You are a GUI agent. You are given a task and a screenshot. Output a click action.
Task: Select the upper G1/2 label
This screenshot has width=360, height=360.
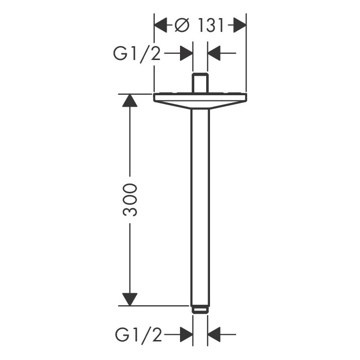click(x=137, y=54)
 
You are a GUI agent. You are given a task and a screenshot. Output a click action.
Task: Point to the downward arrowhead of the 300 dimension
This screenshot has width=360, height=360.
click(x=130, y=299)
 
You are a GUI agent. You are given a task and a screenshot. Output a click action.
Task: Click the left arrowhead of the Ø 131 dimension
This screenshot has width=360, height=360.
click(x=160, y=25)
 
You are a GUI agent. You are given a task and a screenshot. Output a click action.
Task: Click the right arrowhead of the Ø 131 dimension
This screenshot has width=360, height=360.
click(x=240, y=25)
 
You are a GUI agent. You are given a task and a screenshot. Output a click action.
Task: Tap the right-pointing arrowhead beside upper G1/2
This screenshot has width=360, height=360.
click(x=186, y=54)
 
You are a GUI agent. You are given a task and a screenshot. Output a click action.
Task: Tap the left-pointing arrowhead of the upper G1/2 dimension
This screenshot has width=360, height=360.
click(x=214, y=54)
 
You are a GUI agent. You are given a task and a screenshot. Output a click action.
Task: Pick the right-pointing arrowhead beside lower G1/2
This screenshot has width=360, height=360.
click(x=186, y=335)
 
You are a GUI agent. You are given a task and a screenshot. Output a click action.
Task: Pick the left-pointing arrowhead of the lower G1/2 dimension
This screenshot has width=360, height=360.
click(x=214, y=335)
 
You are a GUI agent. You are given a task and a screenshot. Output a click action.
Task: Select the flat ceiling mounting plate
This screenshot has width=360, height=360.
click(x=200, y=98)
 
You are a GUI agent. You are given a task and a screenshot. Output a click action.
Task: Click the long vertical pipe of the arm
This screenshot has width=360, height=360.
click(x=200, y=205)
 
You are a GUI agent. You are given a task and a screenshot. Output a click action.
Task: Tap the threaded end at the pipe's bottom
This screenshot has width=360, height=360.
click(x=200, y=310)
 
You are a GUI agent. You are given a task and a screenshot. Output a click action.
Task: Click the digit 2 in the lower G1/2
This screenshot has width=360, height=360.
click(x=157, y=335)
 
